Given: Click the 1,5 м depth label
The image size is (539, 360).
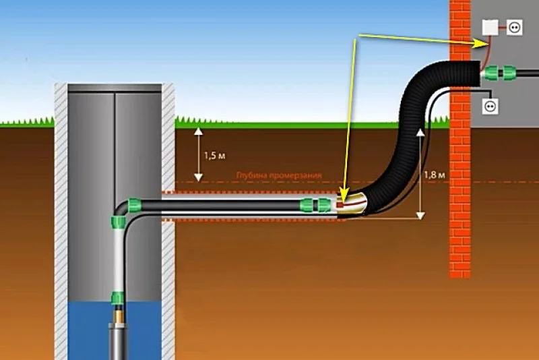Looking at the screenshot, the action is (214, 156).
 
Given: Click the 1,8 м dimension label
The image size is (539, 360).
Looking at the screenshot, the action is (434, 175).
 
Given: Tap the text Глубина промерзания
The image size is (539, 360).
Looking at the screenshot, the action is (279, 175).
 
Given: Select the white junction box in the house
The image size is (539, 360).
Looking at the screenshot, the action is (490, 28).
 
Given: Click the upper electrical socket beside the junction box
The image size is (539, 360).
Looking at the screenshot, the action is (515, 28).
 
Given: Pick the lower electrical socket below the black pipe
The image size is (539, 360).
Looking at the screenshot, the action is (490, 107).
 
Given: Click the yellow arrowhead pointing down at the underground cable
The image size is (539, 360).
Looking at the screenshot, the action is (344, 193).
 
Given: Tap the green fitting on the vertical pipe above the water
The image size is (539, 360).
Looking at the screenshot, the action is (117, 298).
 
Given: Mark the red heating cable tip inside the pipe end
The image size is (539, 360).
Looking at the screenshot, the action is (340, 205).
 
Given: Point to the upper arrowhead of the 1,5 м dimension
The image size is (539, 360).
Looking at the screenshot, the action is (198, 131).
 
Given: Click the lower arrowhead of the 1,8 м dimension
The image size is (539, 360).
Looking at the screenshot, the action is (420, 216).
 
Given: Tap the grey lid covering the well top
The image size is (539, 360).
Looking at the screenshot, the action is (115, 88).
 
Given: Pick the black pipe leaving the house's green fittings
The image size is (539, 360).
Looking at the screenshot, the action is (527, 73).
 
